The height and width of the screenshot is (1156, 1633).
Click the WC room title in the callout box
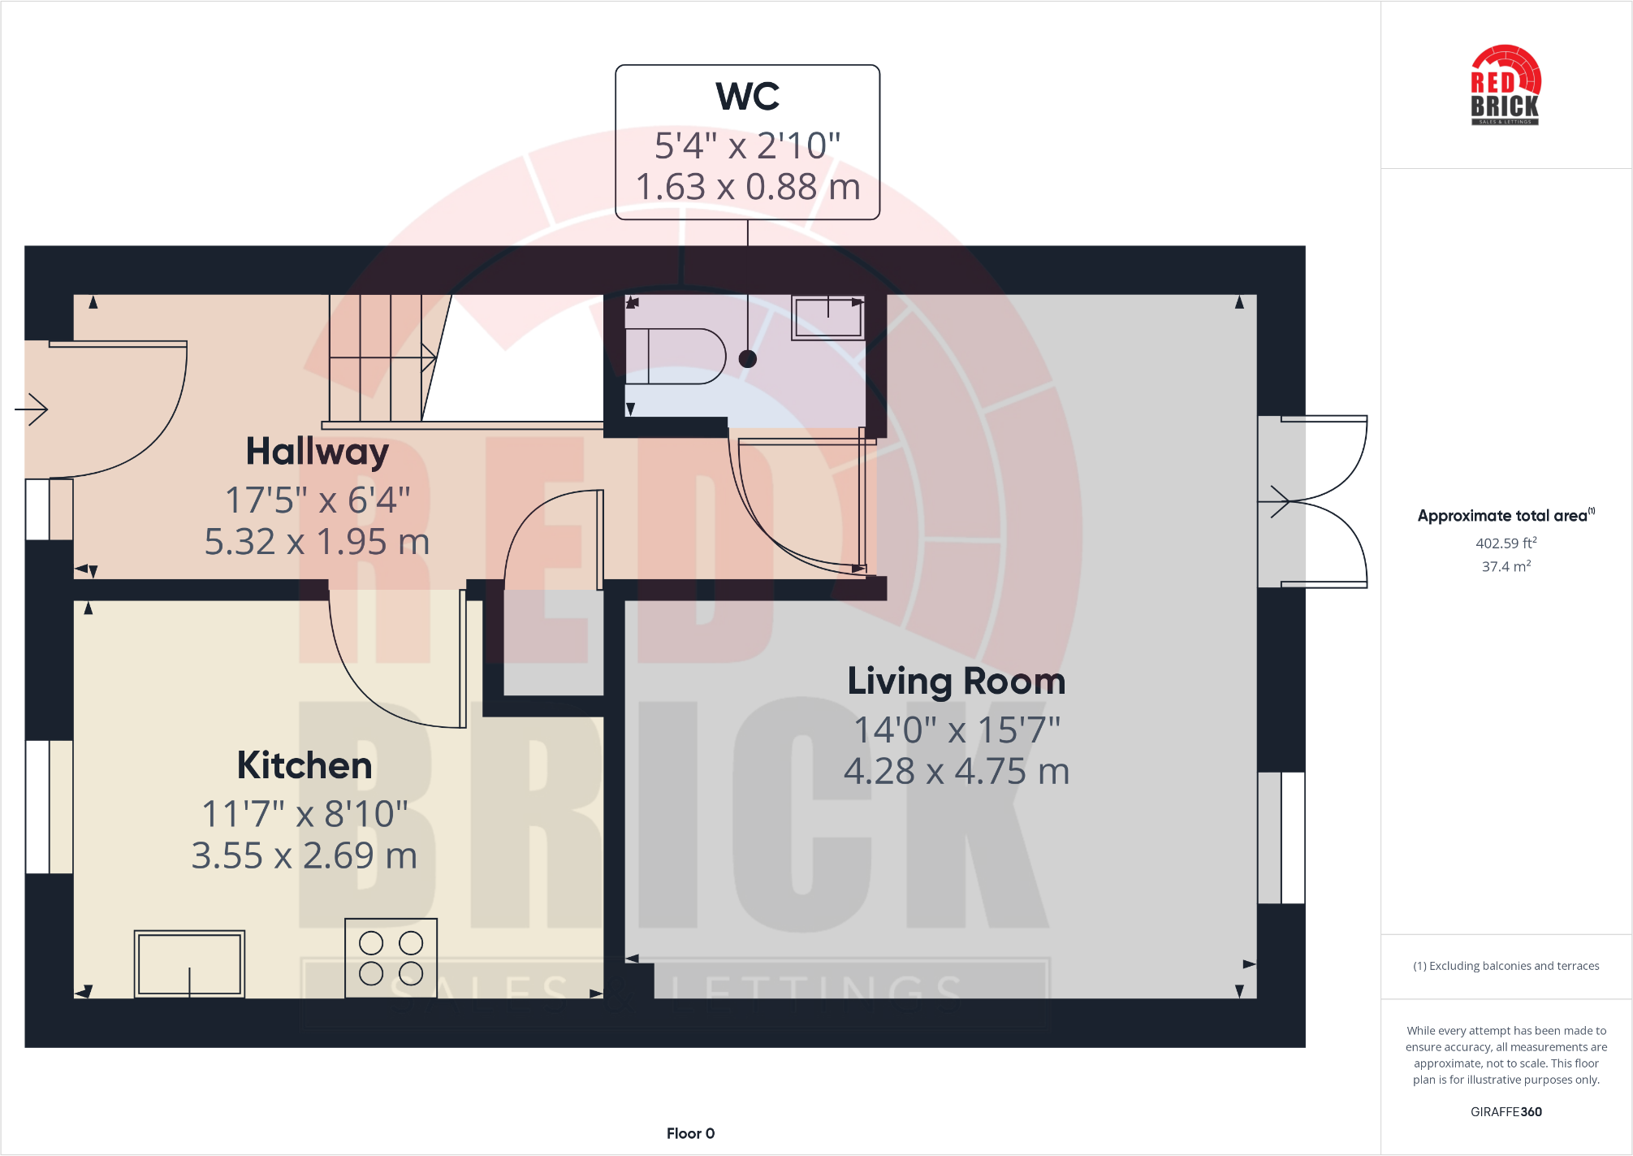click(x=747, y=96)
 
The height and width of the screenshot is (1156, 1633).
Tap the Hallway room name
click(x=318, y=452)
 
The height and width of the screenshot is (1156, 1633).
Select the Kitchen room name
click(x=305, y=765)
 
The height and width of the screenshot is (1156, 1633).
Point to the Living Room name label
click(x=956, y=681)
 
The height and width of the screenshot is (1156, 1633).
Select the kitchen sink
click(x=189, y=963)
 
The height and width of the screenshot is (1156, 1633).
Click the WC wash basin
click(x=827, y=317)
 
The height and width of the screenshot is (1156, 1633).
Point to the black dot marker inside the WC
click(x=748, y=359)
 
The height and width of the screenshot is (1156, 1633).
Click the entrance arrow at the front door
click(x=32, y=409)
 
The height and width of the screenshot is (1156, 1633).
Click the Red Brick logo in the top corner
click(x=1505, y=86)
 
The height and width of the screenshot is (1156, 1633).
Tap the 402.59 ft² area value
click(x=1506, y=543)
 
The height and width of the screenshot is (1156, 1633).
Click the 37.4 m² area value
click(x=1506, y=566)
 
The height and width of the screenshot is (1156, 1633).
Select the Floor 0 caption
click(x=690, y=1133)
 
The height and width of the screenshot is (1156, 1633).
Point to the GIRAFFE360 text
click(x=1506, y=1111)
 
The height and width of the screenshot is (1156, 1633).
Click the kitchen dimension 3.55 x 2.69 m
click(x=305, y=855)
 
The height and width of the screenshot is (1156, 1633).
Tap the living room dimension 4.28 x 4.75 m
click(x=956, y=771)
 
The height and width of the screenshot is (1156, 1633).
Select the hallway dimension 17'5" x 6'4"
click(x=318, y=500)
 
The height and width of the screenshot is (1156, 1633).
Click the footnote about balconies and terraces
click(x=1506, y=966)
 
